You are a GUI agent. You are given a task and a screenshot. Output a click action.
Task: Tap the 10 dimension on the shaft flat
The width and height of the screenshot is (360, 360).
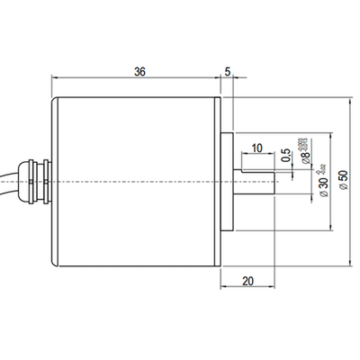click(x=257, y=148)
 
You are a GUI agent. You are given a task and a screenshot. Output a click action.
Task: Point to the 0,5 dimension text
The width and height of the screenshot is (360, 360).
click(x=286, y=157)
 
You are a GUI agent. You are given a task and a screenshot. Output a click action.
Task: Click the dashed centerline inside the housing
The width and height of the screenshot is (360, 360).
click(x=135, y=184)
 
